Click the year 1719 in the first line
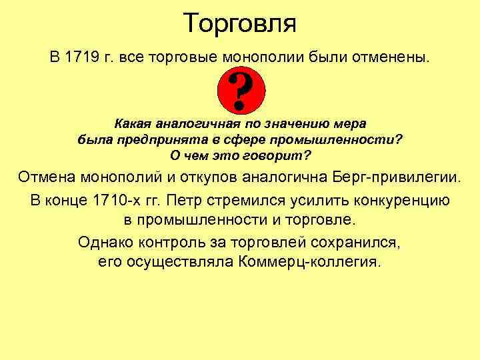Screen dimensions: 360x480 [x=82, y=56]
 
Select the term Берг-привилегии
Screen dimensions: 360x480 [x=404, y=177]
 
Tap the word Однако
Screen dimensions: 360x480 [x=105, y=241]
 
